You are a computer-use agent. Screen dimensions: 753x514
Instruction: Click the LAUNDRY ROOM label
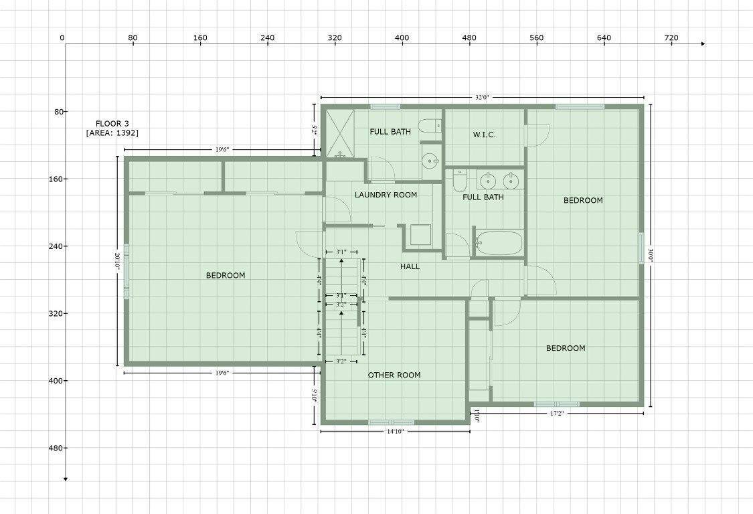pos(386,195)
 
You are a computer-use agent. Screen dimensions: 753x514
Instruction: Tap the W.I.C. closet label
pos(484,135)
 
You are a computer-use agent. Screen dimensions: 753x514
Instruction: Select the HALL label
pos(410,266)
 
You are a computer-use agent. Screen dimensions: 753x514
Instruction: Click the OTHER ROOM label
pos(394,375)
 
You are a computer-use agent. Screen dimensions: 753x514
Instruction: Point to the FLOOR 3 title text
pos(112,123)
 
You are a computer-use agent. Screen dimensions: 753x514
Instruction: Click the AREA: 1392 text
pos(112,133)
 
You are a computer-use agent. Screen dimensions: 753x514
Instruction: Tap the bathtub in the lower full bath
pos(499,243)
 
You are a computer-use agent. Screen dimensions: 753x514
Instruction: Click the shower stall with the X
pos(340,133)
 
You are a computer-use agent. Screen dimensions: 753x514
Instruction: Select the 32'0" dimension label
pos(482,97)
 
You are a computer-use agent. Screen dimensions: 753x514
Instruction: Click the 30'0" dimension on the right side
pos(650,254)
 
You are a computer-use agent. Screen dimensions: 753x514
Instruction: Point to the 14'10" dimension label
pos(395,432)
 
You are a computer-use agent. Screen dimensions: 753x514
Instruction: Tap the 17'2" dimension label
pos(556,413)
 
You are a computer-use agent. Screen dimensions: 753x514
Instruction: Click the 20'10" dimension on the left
pos(117,261)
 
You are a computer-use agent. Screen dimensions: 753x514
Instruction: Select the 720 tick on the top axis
pos(671,38)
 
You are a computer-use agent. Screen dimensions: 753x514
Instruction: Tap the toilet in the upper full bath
pos(430,126)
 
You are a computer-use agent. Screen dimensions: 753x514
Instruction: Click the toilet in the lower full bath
pos(460,179)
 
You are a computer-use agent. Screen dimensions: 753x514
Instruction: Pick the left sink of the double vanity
pos(488,181)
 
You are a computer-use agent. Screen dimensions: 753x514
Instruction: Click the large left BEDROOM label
pos(226,275)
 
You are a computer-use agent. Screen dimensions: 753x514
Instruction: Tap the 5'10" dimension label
pos(314,396)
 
